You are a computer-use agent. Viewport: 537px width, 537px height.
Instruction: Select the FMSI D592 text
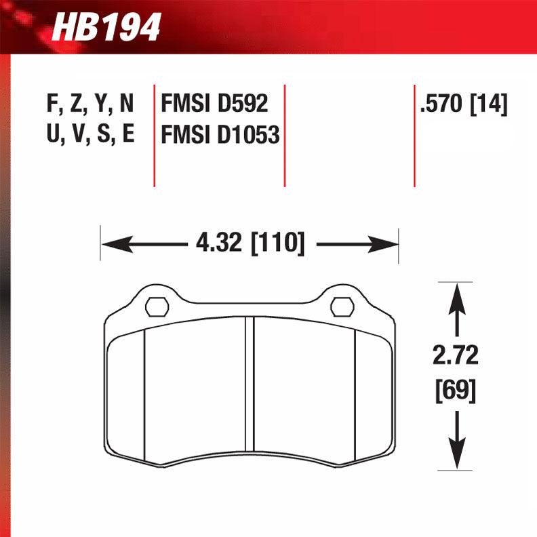[214, 104]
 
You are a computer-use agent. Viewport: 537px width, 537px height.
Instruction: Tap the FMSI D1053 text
[220, 135]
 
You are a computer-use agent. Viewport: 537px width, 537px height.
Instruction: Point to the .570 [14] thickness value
[464, 104]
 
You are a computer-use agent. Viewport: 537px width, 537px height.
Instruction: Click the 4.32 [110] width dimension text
[249, 243]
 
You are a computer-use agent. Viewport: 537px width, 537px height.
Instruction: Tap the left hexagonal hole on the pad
[157, 306]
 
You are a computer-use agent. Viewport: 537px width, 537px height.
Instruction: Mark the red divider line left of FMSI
[155, 136]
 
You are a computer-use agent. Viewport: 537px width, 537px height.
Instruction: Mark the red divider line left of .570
[414, 136]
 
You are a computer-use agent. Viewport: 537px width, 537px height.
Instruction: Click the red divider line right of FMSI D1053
[285, 136]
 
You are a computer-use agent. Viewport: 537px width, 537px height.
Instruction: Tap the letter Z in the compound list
[77, 104]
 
